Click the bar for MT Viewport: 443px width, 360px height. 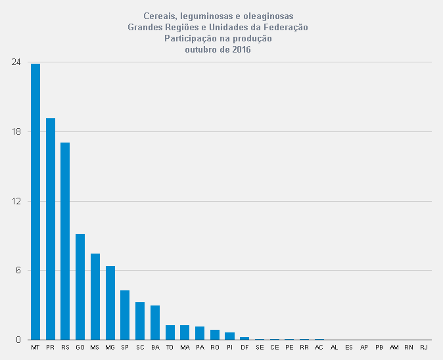point(35,202)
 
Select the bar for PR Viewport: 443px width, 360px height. point(51,229)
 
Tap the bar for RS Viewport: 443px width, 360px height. point(65,241)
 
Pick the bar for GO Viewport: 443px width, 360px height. point(80,286)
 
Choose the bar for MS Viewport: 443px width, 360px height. point(95,296)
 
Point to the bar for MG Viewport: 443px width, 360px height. point(110,303)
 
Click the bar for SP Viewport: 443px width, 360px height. point(125,315)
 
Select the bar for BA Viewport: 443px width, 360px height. point(155,323)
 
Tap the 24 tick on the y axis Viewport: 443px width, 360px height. point(16,62)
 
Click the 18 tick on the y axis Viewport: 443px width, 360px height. point(16,131)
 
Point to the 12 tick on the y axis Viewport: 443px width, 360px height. point(16,201)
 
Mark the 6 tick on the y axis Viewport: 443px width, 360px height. point(18,271)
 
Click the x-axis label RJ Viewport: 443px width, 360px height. point(423,347)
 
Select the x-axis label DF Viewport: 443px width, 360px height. point(245,347)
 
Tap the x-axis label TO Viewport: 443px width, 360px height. point(170,347)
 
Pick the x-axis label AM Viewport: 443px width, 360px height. point(394,347)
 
